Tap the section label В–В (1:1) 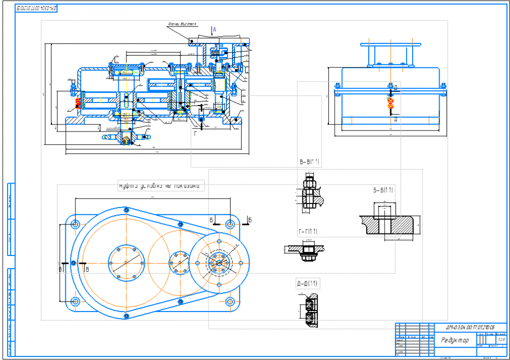[x=309, y=163]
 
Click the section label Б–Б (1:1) [x=383, y=191]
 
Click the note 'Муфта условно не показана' [x=161, y=186]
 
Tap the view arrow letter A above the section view [x=215, y=31]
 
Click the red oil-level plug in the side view [x=390, y=101]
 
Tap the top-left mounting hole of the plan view [x=75, y=224]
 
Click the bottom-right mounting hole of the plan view [x=229, y=301]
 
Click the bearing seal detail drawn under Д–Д [x=309, y=311]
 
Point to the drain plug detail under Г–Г [x=307, y=251]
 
